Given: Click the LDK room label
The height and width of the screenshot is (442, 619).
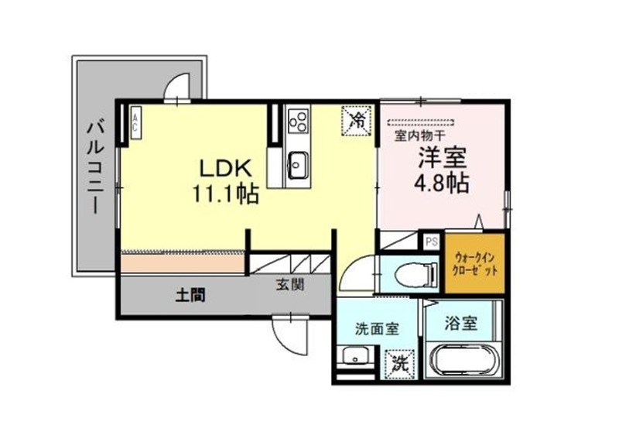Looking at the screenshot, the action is coord(226,169).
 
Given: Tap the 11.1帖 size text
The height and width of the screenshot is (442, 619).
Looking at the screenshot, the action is coord(225,194).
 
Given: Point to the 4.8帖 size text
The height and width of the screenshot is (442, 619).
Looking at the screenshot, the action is coord(441,183).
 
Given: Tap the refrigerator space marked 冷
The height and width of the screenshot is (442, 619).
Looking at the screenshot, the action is coord(357,121).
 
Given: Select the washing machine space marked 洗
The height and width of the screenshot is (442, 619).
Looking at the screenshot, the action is coord(400,365).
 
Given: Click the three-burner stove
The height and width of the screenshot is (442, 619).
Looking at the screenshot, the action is coord(297,121).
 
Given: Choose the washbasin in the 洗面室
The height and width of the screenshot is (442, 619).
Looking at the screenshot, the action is coord(355,356).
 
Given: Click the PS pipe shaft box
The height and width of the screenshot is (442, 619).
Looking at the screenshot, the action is coord(432,242).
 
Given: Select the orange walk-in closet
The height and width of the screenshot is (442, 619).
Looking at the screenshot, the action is coord(475,263).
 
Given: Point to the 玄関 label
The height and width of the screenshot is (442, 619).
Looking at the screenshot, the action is coord(289,284).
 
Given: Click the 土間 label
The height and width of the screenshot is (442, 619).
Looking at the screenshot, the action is coord(190,295).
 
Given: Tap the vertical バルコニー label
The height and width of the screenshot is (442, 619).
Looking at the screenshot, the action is coord(95,168).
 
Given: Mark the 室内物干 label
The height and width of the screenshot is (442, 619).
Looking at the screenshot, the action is coord(420,136).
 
